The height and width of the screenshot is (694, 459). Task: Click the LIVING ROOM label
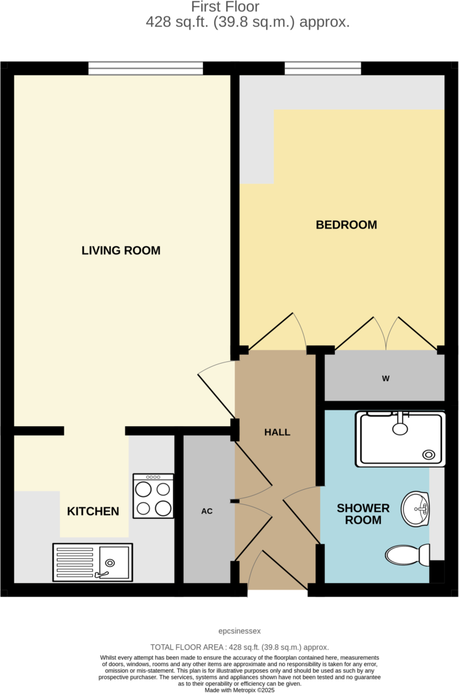pos(121,250)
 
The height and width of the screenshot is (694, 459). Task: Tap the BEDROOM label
pos(346,225)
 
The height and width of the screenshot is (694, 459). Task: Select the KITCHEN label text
pos(93,512)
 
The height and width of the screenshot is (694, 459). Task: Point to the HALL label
pos(277,432)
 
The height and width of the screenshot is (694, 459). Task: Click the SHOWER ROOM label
pos(363,514)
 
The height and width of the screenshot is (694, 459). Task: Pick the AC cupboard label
pos(207,511)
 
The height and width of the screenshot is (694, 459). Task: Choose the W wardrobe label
pos(385,379)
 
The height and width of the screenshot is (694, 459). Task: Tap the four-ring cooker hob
pos(153,496)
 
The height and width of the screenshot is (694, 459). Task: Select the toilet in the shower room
pos(407,555)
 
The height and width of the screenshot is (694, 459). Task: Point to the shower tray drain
pos(429,454)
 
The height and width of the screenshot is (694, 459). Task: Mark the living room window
pos(146,68)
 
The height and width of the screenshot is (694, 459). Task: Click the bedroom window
pos(323,68)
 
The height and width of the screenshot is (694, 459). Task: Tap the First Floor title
pos(225,7)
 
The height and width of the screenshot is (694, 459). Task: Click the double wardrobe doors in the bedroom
pos(387,333)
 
